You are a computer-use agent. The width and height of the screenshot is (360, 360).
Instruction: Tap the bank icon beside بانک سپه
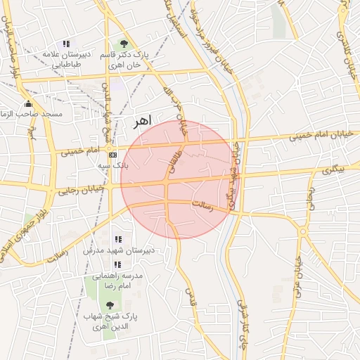[x=112, y=155]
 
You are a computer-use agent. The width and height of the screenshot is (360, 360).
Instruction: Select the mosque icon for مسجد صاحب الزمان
[x=28, y=103]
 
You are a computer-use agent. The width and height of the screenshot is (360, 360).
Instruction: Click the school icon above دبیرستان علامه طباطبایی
[x=66, y=44]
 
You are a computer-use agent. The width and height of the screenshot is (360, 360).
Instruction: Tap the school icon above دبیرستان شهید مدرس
[x=117, y=240]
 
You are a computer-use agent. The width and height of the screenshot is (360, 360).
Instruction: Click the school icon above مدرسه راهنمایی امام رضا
[x=117, y=265]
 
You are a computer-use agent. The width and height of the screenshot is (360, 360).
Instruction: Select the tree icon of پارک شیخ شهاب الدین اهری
[x=109, y=304]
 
